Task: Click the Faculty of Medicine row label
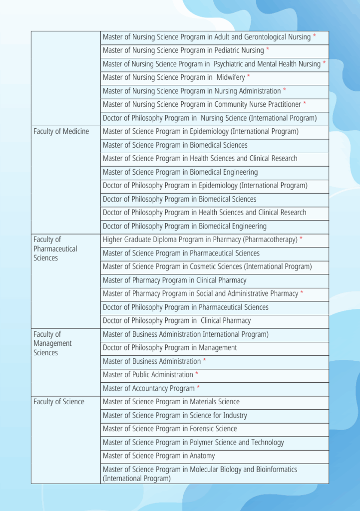click(61, 131)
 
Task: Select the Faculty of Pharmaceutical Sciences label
click(55, 249)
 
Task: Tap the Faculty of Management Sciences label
click(52, 343)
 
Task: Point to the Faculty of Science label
click(59, 402)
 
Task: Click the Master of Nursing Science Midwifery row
click(174, 77)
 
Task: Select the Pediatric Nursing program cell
click(183, 50)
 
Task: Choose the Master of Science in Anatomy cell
click(159, 456)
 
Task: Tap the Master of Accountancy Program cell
click(149, 388)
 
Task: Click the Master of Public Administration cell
click(148, 375)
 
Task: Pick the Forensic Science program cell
click(170, 429)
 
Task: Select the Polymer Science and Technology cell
click(193, 442)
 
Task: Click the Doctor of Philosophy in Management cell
click(170, 348)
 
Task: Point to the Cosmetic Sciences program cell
click(207, 266)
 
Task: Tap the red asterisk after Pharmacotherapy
click(301, 239)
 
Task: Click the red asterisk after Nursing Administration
click(285, 90)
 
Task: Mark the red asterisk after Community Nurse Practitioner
click(305, 104)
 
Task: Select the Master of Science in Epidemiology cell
click(201, 131)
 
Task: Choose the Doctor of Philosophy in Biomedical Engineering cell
click(185, 226)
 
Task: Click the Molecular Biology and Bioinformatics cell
click(200, 474)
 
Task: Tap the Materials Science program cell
click(171, 402)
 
